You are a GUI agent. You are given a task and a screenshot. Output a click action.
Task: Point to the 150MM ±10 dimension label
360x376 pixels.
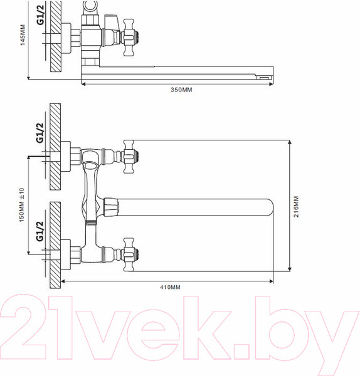click(x=21, y=204)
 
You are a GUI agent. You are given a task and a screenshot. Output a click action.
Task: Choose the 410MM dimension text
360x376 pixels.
click(x=170, y=287)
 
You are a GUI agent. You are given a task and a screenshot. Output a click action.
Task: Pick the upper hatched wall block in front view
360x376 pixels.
click(x=55, y=149)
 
